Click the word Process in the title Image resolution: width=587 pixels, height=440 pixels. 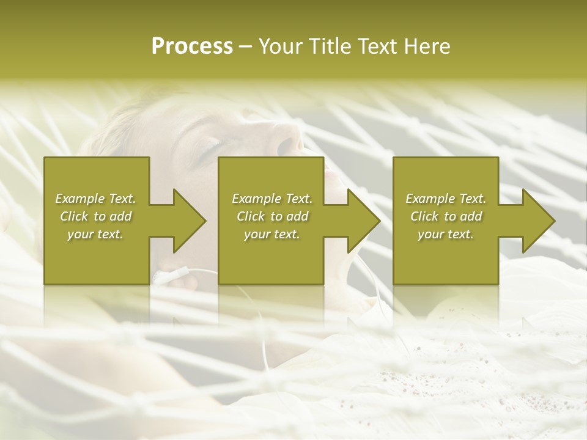coord(192,46)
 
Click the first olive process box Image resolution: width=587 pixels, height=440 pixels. coord(97,257)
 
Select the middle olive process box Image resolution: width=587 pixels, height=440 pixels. coord(271,257)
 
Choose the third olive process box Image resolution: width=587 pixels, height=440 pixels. coord(446,257)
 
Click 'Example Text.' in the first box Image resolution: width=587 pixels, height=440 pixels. coord(95,199)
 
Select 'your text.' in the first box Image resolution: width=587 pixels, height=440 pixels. coord(95,234)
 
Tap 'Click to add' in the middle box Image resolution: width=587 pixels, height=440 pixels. coord(272,216)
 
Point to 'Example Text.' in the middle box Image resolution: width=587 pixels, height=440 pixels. coord(272,199)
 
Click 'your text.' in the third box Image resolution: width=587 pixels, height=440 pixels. coord(446,234)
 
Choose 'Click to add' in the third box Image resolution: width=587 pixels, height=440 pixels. coord(446,216)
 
